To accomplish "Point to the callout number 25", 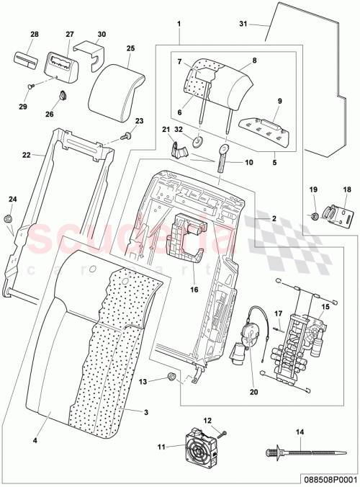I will [x=130, y=48].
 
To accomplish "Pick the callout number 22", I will [x=25, y=155].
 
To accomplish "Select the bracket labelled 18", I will [x=338, y=215].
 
